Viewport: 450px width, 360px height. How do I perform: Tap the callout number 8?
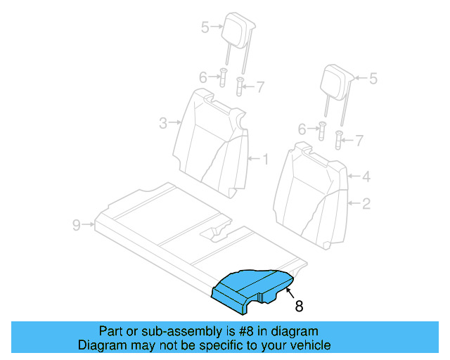[299, 306]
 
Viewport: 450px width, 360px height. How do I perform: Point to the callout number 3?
[162, 124]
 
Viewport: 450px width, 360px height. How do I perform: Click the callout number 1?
[265, 159]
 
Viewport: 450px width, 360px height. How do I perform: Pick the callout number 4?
[366, 177]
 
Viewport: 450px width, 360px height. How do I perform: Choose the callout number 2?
[366, 204]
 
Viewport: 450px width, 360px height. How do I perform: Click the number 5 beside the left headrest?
[205, 27]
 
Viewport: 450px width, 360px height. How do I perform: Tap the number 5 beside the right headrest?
[373, 79]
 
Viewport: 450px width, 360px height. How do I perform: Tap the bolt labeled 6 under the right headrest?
[322, 130]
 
